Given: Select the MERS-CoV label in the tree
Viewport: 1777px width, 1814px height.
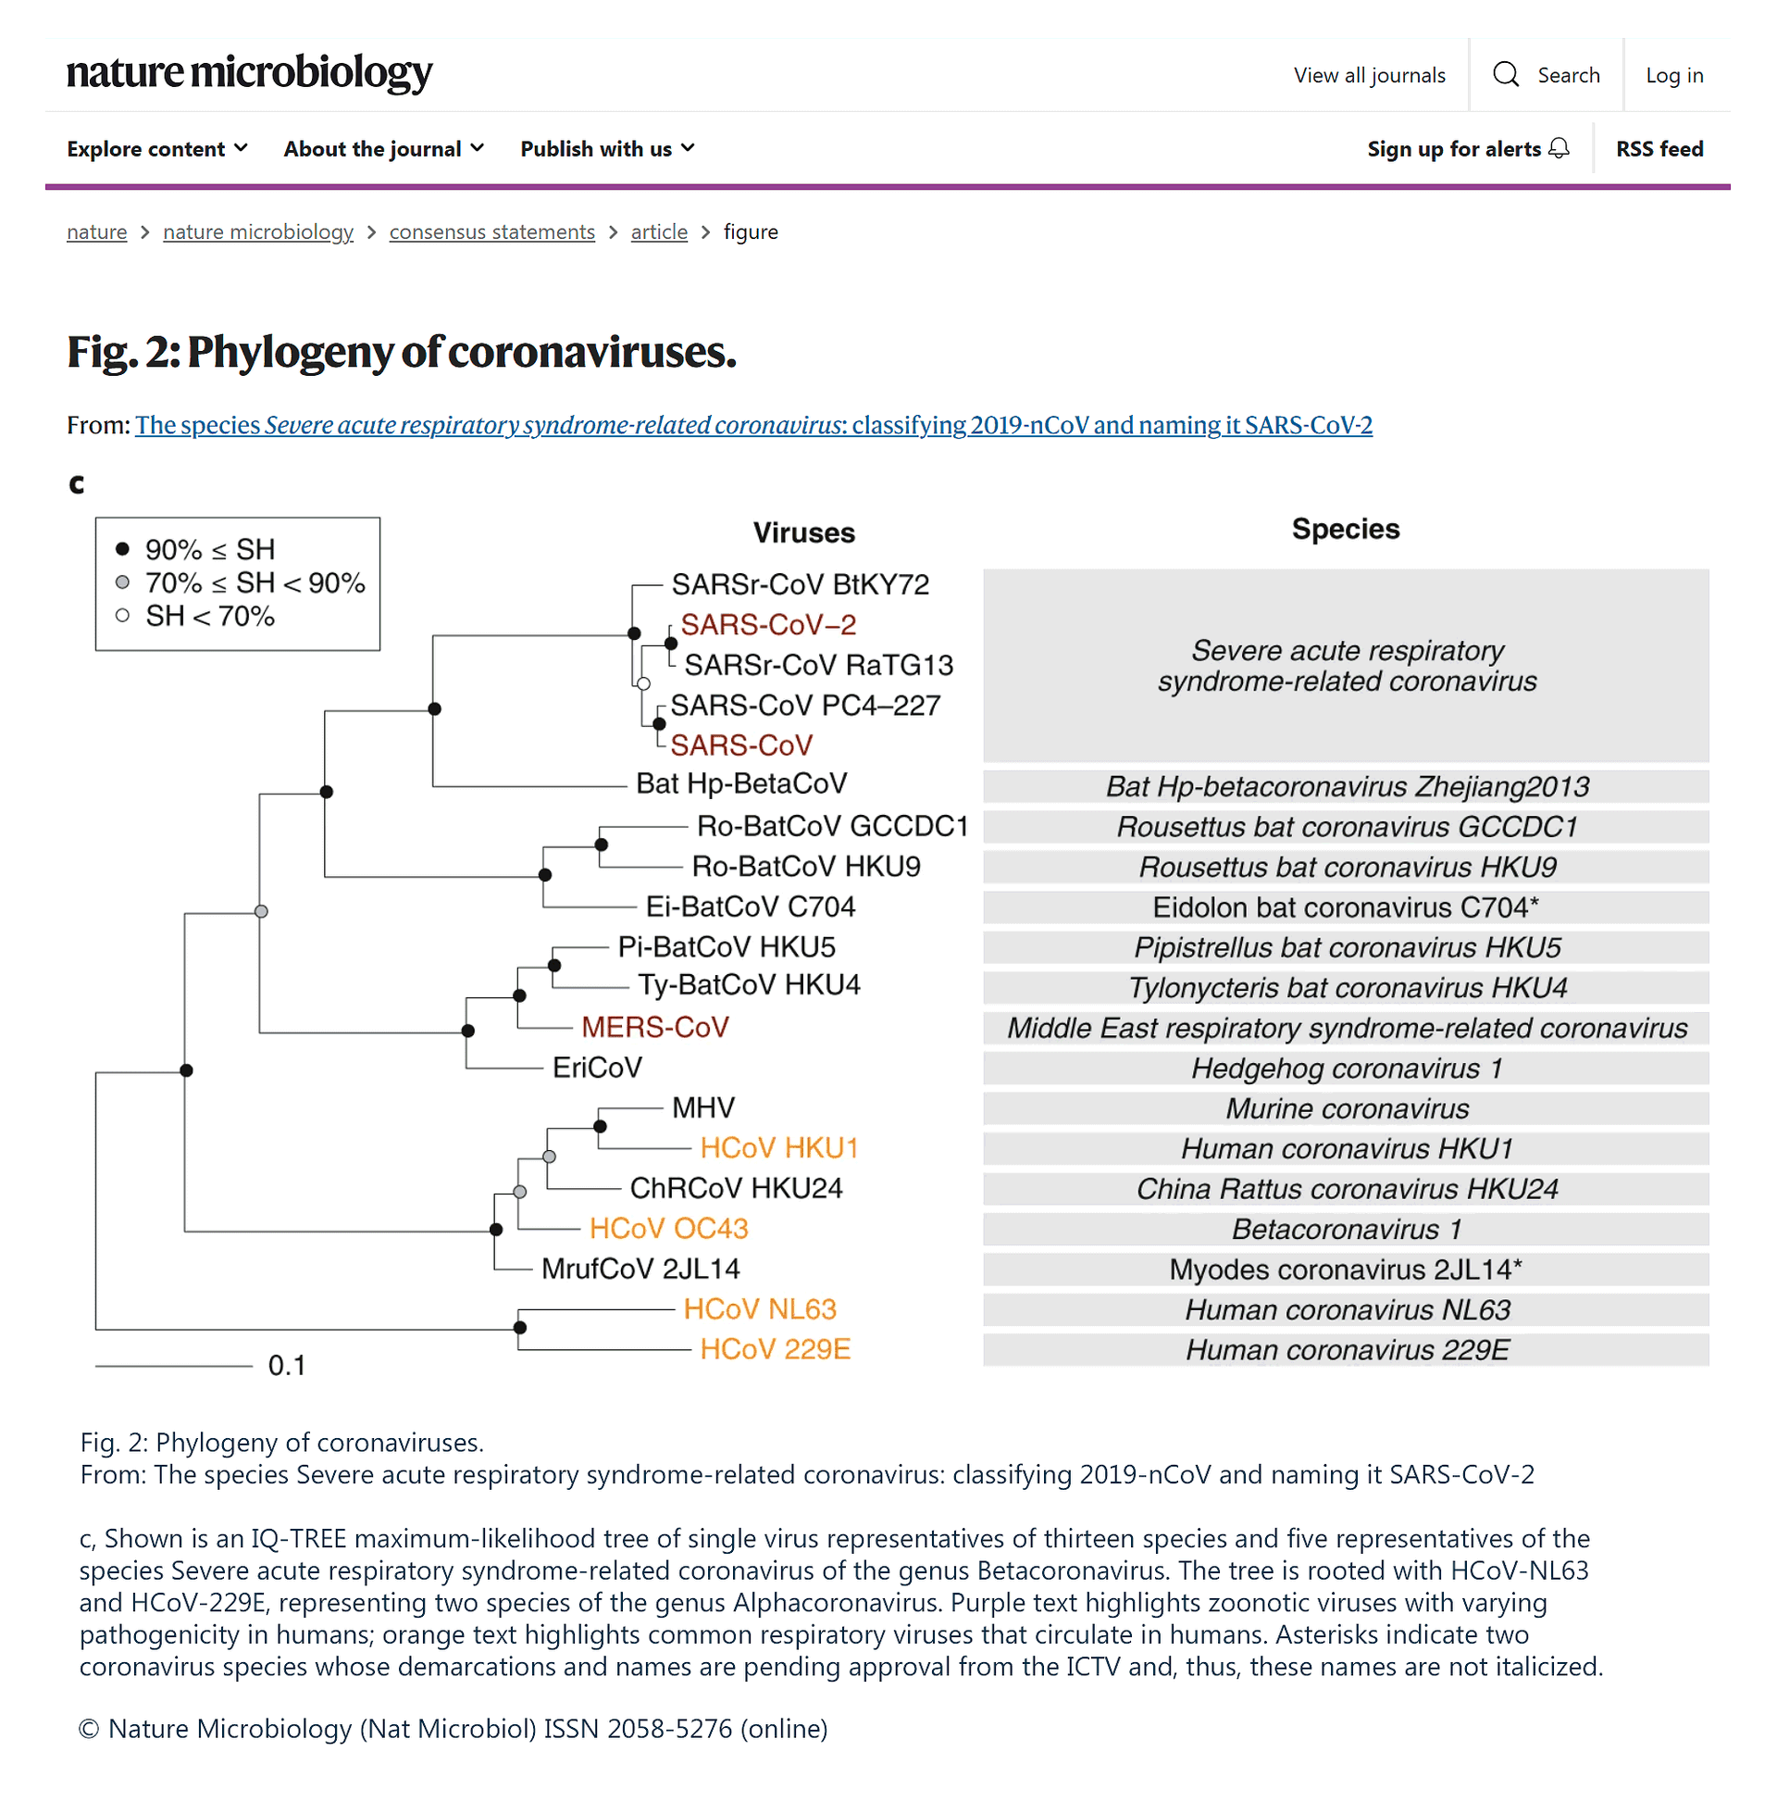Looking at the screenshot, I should click(x=654, y=1027).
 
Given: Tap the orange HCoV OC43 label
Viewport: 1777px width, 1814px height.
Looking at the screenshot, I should click(x=668, y=1229).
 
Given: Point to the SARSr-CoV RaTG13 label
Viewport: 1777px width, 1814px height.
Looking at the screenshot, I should click(x=818, y=665).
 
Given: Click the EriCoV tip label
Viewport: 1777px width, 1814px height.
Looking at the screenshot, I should click(x=596, y=1067).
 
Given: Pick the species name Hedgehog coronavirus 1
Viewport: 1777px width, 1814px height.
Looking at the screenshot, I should click(x=1346, y=1068).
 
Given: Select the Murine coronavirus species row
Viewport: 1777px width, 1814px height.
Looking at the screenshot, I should click(x=1346, y=1108).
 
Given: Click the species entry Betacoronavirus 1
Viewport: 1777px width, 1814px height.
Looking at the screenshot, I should click(x=1346, y=1230).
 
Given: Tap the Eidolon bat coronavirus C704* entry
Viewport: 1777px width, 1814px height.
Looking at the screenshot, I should click(x=1346, y=907).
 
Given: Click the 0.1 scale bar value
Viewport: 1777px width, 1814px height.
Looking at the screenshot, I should click(x=287, y=1366).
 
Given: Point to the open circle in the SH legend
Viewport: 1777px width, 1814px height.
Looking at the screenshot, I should click(x=122, y=615).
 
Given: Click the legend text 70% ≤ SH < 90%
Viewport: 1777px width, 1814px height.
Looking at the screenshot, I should click(x=255, y=582).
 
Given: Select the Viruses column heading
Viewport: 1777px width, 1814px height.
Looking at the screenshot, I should click(x=803, y=532).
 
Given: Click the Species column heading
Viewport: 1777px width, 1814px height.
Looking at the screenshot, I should click(x=1345, y=529).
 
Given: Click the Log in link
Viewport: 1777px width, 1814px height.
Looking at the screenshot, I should click(x=1673, y=75).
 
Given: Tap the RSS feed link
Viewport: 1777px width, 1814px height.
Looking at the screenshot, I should click(x=1659, y=148).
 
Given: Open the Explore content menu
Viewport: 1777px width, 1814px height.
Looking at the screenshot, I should click(x=156, y=148).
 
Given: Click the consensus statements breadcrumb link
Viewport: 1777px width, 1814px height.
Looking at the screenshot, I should click(x=491, y=231).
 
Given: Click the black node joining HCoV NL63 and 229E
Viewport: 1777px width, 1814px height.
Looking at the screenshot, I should click(x=520, y=1328).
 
